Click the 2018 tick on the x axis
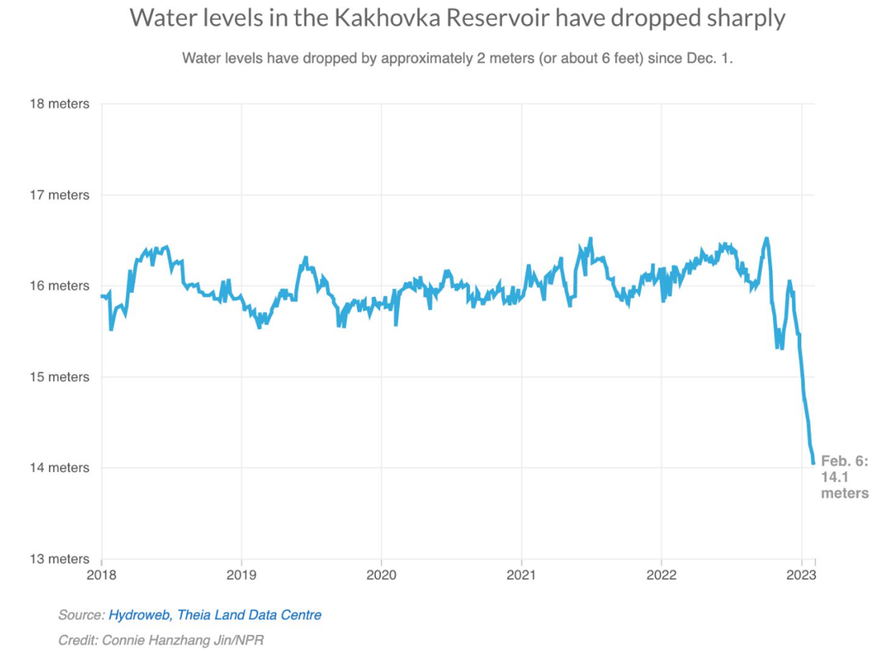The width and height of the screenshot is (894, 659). (x=101, y=573)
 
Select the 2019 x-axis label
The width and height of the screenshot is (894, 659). (x=241, y=573)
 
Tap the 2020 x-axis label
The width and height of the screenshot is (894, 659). (x=381, y=573)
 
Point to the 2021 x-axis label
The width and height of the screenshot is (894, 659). (x=521, y=573)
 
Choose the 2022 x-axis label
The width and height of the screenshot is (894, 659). (x=661, y=573)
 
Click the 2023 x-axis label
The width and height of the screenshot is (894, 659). (x=801, y=573)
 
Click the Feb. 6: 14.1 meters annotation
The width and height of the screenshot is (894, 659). (x=844, y=477)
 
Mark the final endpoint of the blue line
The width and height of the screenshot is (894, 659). (x=813, y=463)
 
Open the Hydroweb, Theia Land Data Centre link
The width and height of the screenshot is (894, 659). (x=214, y=615)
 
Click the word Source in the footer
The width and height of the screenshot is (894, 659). (x=80, y=615)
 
